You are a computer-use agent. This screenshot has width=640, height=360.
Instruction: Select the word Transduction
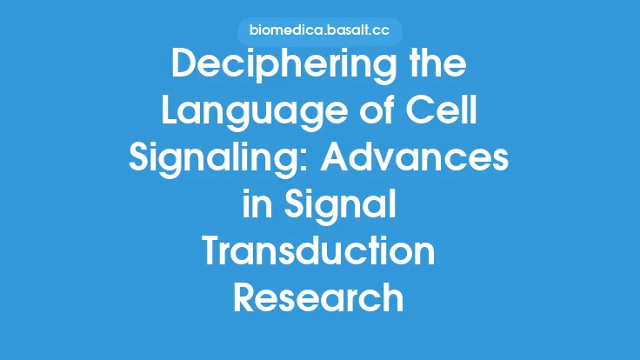click(319, 253)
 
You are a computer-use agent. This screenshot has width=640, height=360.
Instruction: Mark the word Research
click(319, 298)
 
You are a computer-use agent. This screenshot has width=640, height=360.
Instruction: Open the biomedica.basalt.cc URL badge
click(319, 31)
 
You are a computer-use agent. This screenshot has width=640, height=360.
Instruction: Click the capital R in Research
click(247, 298)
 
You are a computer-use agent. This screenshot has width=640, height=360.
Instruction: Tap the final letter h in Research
click(393, 298)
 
